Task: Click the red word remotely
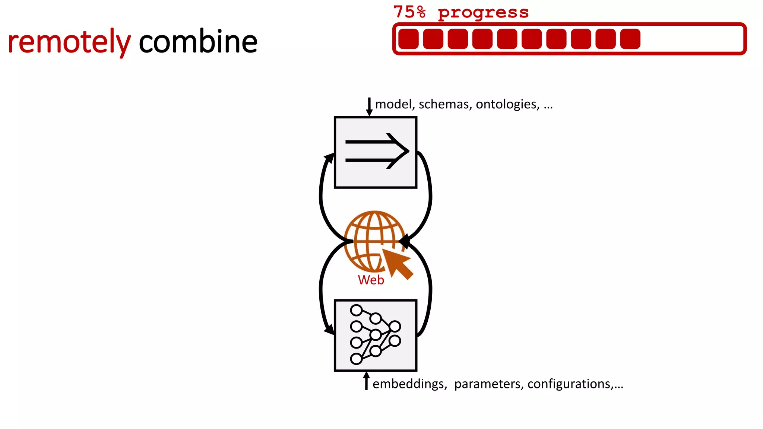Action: (69, 42)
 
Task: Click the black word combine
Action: (198, 42)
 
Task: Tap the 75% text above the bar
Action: (409, 12)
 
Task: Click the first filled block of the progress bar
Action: (408, 39)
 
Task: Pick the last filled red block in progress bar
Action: (630, 39)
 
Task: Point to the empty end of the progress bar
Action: (693, 39)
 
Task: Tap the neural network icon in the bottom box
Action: (375, 334)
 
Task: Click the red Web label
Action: (371, 280)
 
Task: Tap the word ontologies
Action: (507, 104)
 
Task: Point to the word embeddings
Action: (409, 384)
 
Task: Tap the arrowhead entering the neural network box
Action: (329, 330)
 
